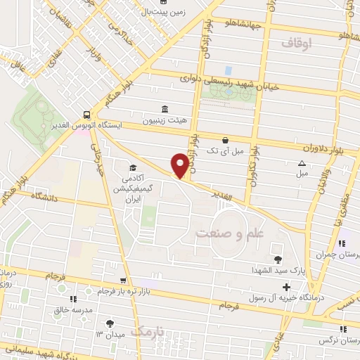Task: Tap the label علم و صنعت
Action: (223, 233)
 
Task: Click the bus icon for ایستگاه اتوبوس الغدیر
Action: (86, 113)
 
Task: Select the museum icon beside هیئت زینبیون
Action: (165, 109)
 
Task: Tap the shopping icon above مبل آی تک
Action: (224, 140)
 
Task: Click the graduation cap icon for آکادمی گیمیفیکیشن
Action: (132, 167)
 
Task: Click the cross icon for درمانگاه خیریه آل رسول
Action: (286, 287)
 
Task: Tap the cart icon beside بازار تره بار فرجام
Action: (124, 280)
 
